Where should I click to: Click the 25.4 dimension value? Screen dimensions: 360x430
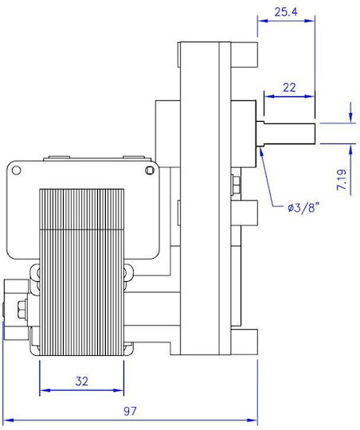(x=286, y=12)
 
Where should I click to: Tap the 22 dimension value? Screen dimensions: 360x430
(x=289, y=88)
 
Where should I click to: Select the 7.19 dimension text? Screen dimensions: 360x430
(x=342, y=180)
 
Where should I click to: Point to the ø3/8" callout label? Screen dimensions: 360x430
(x=303, y=208)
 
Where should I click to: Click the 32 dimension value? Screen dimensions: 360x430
(x=82, y=381)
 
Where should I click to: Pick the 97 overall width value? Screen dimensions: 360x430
(x=130, y=411)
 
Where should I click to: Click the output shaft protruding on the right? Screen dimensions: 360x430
(x=287, y=133)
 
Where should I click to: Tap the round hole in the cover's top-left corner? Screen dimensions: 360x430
(x=16, y=170)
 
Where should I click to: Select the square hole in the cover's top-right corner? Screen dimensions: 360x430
(x=149, y=170)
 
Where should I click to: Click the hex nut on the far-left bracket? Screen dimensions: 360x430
(x=22, y=309)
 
